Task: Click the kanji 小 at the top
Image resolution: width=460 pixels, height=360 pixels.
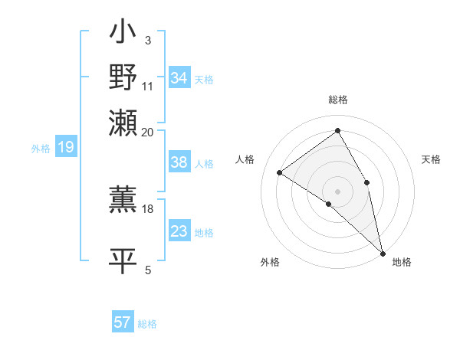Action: pos(123,34)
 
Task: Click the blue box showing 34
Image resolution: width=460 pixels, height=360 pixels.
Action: pos(179,78)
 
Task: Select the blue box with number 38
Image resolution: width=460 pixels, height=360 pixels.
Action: pos(179,162)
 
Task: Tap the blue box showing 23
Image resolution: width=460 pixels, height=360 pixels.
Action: pos(179,231)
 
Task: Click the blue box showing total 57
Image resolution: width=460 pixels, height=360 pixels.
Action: pos(123,322)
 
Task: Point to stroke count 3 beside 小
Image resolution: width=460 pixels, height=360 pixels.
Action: pos(148,40)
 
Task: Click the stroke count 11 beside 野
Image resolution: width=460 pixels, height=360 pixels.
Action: pos(148,86)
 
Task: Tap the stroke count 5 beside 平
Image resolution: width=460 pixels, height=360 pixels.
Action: pos(148,270)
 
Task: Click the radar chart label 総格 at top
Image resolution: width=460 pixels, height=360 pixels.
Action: pos(337,100)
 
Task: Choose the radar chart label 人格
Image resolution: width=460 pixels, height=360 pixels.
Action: pos(245,159)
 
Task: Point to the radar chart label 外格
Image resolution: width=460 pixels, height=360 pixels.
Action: pos(270,262)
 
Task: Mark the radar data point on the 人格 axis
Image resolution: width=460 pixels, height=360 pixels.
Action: pos(280,172)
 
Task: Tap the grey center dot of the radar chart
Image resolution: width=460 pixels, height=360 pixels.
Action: pos(337,191)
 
